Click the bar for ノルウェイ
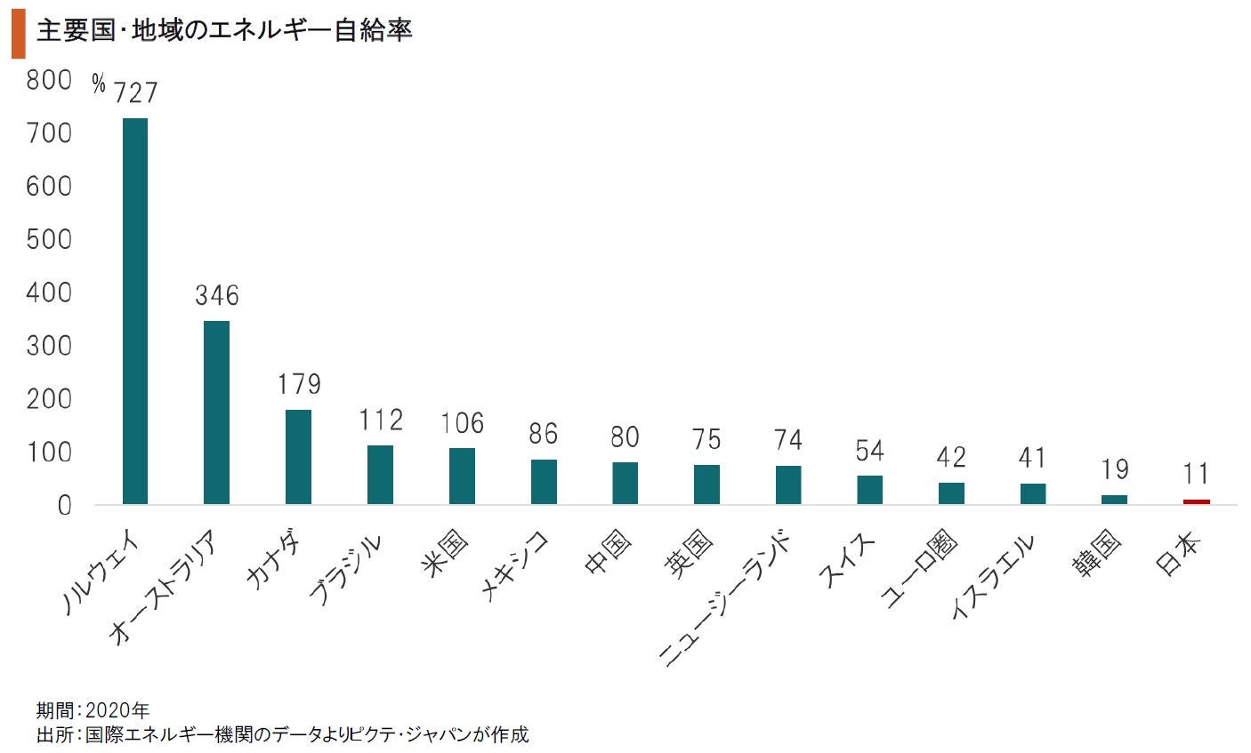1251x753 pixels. [134, 311]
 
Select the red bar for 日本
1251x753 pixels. [1196, 501]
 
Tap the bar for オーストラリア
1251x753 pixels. [216, 413]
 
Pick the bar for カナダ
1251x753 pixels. [298, 457]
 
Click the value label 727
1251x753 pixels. [136, 92]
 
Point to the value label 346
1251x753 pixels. [217, 295]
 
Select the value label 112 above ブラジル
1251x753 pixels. [381, 420]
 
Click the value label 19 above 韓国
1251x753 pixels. [1114, 469]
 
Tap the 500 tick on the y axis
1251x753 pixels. [49, 239]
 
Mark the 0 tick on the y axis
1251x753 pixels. [64, 505]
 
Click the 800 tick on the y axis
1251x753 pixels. [49, 80]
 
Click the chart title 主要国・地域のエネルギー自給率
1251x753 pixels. [223, 32]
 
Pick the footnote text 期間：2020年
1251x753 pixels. [93, 710]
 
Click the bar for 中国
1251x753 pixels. [625, 483]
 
